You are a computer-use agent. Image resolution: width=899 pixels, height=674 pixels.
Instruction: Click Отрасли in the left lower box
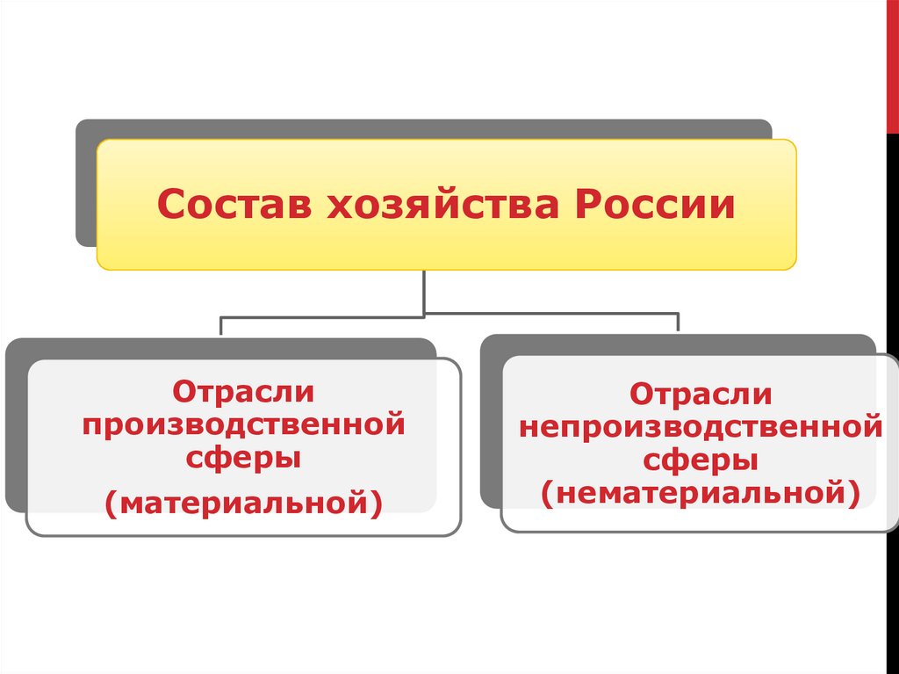243,393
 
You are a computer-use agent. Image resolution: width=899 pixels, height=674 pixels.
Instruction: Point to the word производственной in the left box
243,426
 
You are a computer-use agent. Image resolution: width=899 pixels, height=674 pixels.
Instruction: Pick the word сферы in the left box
243,459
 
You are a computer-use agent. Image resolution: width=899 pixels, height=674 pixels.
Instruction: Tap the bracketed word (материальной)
243,502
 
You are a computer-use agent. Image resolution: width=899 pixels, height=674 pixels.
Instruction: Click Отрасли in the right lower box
701,393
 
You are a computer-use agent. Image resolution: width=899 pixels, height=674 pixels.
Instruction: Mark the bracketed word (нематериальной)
701,492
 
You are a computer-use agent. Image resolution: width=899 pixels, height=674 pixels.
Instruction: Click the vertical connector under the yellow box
425,292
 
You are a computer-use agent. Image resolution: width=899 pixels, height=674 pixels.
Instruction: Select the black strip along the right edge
891,395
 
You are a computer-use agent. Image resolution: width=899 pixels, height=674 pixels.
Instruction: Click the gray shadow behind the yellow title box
85,185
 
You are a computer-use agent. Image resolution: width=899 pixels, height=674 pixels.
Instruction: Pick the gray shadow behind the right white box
491,422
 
